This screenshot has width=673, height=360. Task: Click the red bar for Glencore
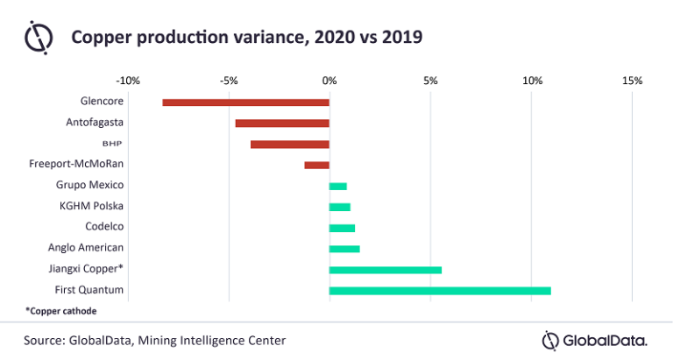(x=246, y=102)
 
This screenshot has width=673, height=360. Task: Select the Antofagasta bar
(x=282, y=124)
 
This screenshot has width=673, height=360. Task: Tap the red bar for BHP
(x=290, y=145)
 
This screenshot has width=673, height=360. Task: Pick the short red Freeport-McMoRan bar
(x=317, y=165)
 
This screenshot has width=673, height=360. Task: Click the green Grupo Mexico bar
(x=338, y=186)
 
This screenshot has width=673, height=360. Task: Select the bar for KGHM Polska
(x=340, y=207)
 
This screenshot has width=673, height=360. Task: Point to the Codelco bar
(x=343, y=228)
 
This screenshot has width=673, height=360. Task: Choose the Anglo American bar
(x=344, y=249)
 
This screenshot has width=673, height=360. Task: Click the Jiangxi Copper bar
(x=386, y=270)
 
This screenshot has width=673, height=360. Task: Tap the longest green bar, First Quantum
(x=440, y=290)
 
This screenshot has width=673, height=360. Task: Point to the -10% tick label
(x=128, y=81)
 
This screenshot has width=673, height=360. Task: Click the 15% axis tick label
(x=632, y=81)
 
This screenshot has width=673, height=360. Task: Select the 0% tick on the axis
(x=329, y=81)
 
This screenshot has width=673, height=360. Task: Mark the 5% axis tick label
(x=430, y=81)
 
